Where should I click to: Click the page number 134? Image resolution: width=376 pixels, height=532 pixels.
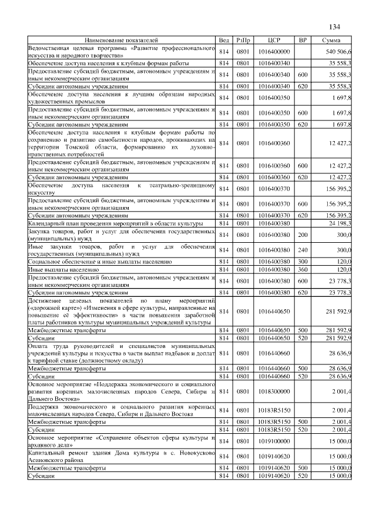(x=335, y=26)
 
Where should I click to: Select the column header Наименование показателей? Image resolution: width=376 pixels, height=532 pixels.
(x=122, y=40)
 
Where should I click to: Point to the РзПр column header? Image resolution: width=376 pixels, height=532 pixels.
(x=243, y=40)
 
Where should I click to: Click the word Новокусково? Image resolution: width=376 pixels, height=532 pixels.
(x=193, y=452)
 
